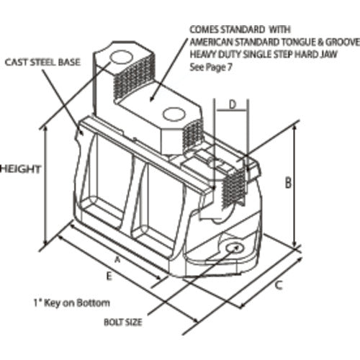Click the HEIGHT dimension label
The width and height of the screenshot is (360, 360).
(x=20, y=169)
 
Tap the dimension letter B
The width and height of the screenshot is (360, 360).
(x=288, y=182)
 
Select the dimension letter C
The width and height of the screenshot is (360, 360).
(x=279, y=285)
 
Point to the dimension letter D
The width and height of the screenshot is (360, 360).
(x=233, y=104)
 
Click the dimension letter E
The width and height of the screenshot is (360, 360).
(x=109, y=276)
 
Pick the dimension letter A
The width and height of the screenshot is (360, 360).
(x=117, y=259)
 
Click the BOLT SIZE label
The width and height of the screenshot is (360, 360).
(x=122, y=322)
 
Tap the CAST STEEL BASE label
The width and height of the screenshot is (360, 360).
(x=42, y=63)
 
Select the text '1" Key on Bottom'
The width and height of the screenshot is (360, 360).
(x=71, y=303)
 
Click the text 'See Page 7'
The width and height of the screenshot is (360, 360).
(x=211, y=67)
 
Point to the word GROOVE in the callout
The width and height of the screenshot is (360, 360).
(x=343, y=42)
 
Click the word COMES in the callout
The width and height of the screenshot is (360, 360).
(x=204, y=30)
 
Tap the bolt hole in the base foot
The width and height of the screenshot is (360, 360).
(x=235, y=248)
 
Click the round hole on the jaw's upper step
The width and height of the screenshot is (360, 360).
(x=121, y=58)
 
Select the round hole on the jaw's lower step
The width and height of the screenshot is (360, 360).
(x=174, y=114)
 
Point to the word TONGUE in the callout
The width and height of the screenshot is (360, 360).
(x=298, y=42)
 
